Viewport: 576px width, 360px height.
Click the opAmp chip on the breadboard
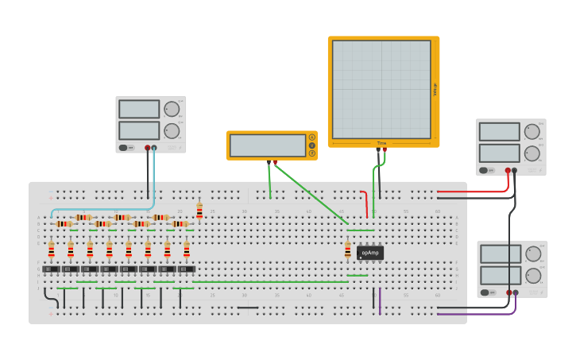click(x=369, y=253)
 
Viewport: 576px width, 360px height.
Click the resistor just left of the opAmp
click(x=347, y=250)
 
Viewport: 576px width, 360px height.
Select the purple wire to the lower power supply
click(x=477, y=314)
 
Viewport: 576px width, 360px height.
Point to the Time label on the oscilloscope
click(x=382, y=143)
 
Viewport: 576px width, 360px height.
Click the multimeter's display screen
click(x=267, y=145)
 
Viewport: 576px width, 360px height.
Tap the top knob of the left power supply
click(x=172, y=110)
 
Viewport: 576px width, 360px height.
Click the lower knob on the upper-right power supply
click(x=532, y=153)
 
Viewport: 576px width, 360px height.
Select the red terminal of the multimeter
click(x=276, y=162)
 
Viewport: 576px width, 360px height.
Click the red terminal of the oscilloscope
click(x=385, y=149)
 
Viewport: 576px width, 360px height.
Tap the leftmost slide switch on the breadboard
click(x=51, y=269)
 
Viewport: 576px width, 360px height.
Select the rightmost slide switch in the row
click(x=187, y=269)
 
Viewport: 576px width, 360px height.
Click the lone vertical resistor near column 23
click(x=199, y=211)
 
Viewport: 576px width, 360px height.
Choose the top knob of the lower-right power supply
click(x=533, y=254)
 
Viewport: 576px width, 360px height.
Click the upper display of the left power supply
click(x=139, y=110)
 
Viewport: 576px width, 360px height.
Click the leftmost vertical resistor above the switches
click(x=52, y=250)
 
